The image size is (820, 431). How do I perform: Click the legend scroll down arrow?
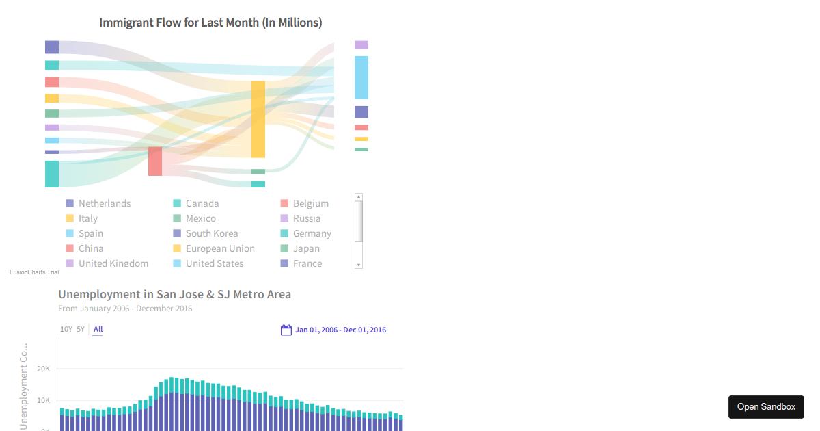pyautogui.click(x=359, y=265)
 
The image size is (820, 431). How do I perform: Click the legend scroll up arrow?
pyautogui.click(x=359, y=196)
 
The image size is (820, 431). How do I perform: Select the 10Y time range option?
pyautogui.click(x=66, y=330)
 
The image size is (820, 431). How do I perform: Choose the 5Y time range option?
pyautogui.click(x=81, y=330)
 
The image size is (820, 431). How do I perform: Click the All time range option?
pyautogui.click(x=98, y=330)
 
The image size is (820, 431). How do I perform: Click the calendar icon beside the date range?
pyautogui.click(x=286, y=330)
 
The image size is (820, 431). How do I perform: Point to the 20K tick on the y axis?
pyautogui.click(x=43, y=369)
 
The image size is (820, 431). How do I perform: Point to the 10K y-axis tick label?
pyautogui.click(x=43, y=400)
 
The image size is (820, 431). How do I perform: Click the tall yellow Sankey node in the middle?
pyautogui.click(x=258, y=119)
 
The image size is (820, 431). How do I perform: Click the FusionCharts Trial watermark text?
pyautogui.click(x=34, y=272)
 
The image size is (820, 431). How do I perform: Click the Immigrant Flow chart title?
pyautogui.click(x=210, y=23)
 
